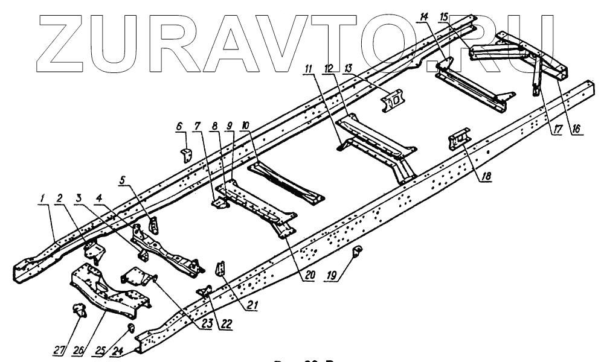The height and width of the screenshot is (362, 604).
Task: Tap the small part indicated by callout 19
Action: tap(357, 250)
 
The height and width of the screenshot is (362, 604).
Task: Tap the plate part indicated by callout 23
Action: tap(137, 279)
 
